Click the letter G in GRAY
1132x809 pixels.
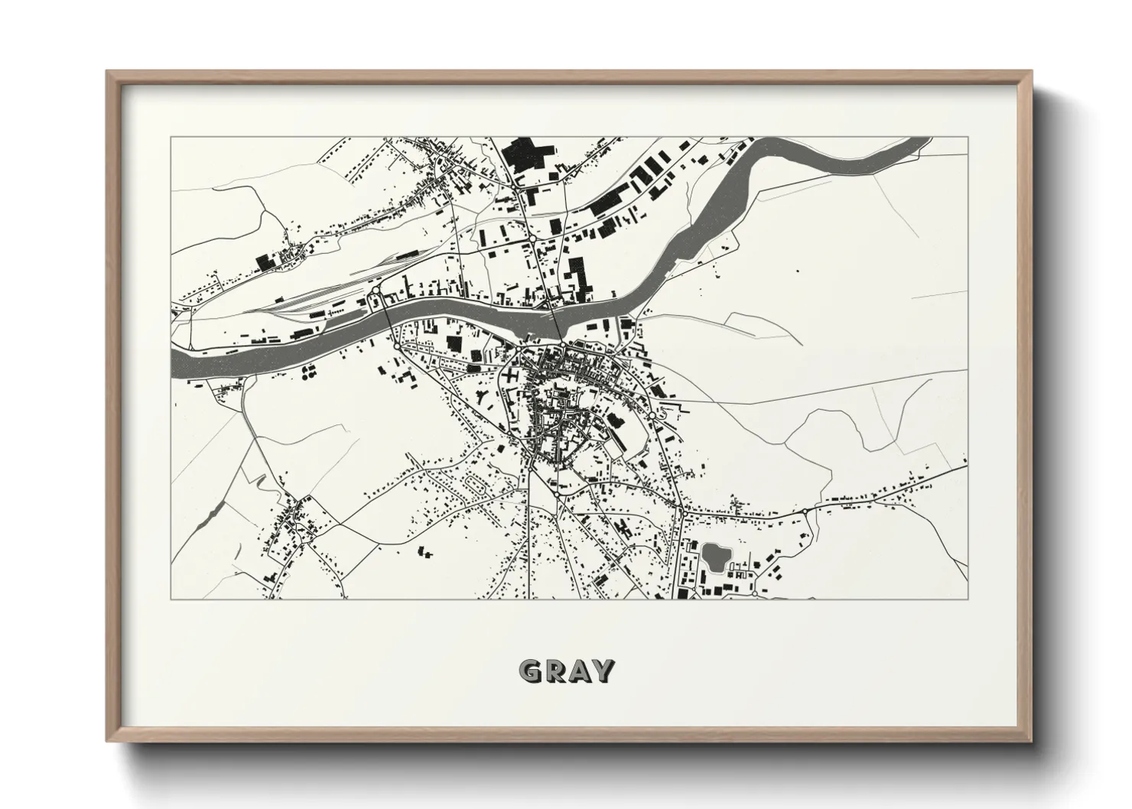click(x=530, y=671)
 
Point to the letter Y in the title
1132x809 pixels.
click(x=603, y=671)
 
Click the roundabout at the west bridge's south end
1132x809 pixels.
click(x=395, y=345)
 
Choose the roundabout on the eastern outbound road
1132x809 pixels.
click(x=805, y=510)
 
